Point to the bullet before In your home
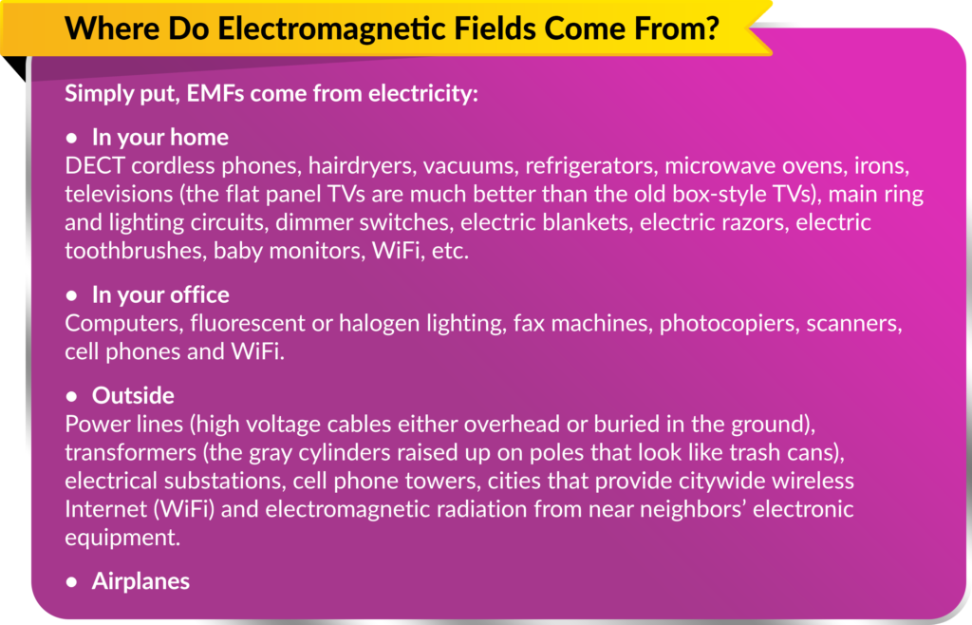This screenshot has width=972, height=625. click(70, 138)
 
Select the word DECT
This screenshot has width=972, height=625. click(94, 166)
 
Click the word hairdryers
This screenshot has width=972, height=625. click(356, 166)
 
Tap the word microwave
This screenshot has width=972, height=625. click(719, 166)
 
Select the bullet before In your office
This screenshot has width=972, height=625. click(70, 295)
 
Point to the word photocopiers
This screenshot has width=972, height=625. click(728, 324)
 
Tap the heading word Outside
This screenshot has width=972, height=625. click(133, 395)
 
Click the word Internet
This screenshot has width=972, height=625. click(104, 508)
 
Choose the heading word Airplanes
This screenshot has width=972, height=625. click(140, 580)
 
